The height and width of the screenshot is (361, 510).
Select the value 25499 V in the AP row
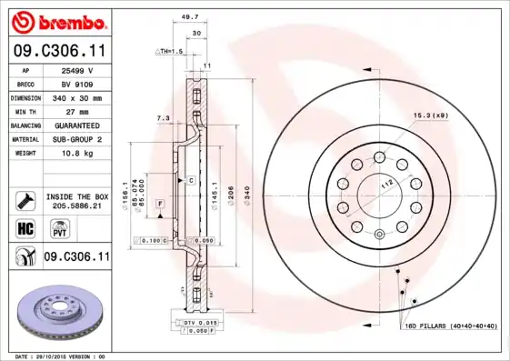[76, 69]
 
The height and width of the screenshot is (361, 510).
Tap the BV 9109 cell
[76, 83]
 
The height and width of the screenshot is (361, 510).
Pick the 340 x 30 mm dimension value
[76, 97]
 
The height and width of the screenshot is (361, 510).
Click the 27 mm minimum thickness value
[76, 111]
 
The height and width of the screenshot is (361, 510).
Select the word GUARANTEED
[76, 125]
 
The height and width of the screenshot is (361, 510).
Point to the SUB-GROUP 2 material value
[76, 139]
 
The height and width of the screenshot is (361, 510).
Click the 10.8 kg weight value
[76, 154]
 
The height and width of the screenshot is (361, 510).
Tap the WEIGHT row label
[25, 154]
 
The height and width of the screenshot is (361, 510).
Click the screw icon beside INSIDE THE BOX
[25, 200]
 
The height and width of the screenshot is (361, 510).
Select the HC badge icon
[25, 228]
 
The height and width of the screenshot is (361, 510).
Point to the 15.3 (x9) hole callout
[431, 115]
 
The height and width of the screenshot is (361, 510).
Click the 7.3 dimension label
[164, 118]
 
